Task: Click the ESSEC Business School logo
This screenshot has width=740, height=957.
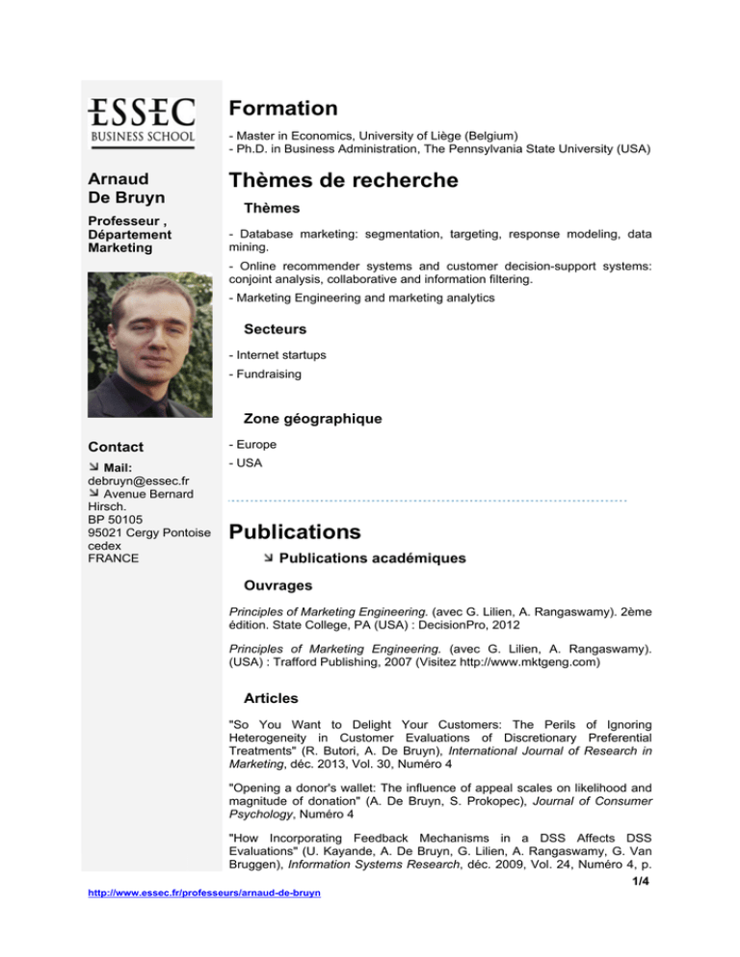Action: point(142,122)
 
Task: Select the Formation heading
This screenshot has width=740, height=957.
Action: point(283,108)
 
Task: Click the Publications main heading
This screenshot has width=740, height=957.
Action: point(295,531)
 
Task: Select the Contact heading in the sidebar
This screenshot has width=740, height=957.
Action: point(116,447)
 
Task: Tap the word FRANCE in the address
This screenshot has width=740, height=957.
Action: point(113,557)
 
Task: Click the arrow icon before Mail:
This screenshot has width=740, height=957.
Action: point(92,467)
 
